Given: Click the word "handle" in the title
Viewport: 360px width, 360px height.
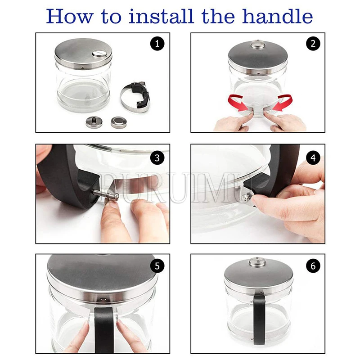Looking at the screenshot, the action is pyautogui.click(x=277, y=17).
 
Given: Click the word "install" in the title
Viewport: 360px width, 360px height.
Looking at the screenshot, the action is pyautogui.click(x=161, y=16).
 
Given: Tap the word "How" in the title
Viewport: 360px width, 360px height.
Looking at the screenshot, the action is pyautogui.click(x=70, y=17).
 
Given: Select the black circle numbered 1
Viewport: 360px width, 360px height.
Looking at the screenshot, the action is pyautogui.click(x=157, y=43).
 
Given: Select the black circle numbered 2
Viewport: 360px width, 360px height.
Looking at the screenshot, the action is pyautogui.click(x=313, y=43).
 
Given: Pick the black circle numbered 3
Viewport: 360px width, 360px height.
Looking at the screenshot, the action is pyautogui.click(x=157, y=158).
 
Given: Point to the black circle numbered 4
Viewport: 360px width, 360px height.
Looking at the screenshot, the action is pyautogui.click(x=313, y=158).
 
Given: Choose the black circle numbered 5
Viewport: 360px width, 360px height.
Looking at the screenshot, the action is pyautogui.click(x=157, y=266).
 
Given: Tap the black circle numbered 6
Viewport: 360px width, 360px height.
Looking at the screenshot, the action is pyautogui.click(x=313, y=266).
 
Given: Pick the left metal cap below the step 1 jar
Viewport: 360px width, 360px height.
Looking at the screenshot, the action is pyautogui.click(x=94, y=122).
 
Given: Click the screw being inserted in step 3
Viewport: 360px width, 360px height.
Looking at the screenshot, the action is pyautogui.click(x=106, y=193).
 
